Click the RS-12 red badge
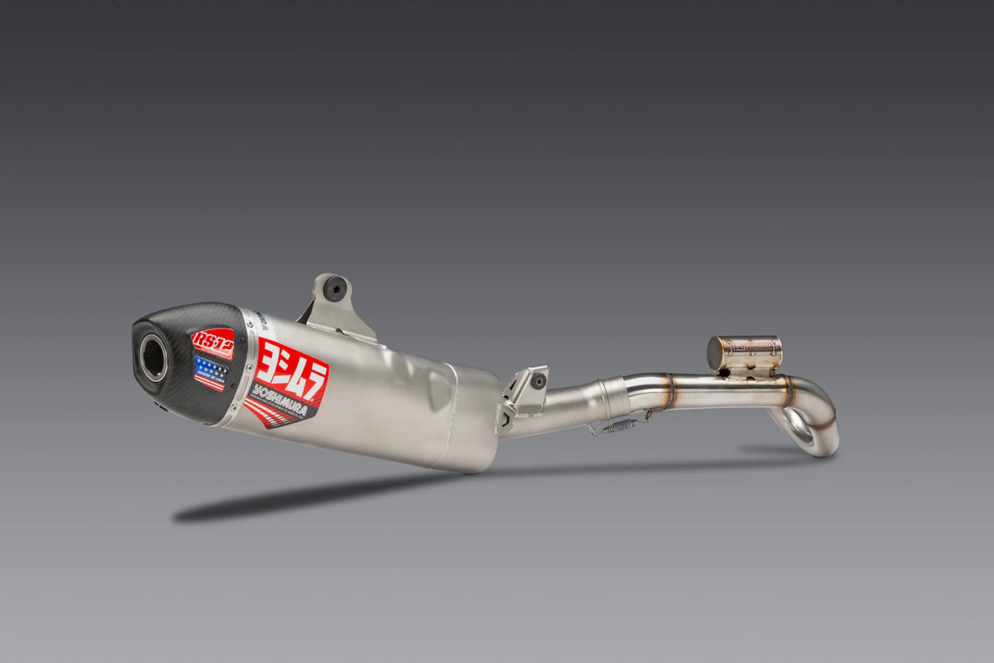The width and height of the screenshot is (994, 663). (213, 343)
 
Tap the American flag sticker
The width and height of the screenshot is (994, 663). (210, 373)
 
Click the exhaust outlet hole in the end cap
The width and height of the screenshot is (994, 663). (153, 358)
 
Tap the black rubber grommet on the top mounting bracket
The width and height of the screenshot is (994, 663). (333, 288)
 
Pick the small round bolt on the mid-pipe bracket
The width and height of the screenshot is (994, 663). (539, 381)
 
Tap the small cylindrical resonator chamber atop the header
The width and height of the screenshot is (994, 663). (744, 352)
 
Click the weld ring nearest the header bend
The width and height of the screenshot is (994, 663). (788, 391)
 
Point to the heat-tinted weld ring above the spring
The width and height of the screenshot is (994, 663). (669, 391)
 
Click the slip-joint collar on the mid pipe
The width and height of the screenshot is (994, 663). (615, 399)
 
